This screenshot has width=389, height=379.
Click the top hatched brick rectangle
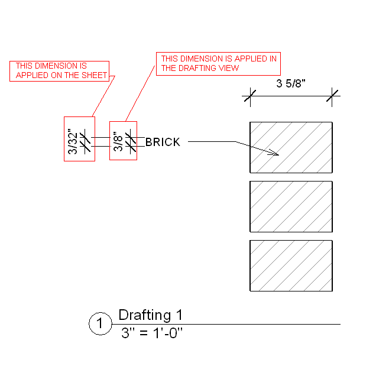pyautogui.click(x=291, y=147)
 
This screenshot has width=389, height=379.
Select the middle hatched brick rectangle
pyautogui.click(x=291, y=206)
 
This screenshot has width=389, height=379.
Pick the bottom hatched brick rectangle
pyautogui.click(x=291, y=265)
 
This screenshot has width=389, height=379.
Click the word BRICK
pyautogui.click(x=163, y=142)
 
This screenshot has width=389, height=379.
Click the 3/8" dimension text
pyautogui.click(x=118, y=141)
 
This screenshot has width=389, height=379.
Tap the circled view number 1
pyautogui.click(x=100, y=324)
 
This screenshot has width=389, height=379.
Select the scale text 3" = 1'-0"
pyautogui.click(x=151, y=332)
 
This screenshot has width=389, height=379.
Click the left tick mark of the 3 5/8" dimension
pyautogui.click(x=250, y=96)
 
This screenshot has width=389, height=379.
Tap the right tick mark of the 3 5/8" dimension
pyautogui.click(x=332, y=96)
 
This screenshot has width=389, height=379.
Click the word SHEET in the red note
pyautogui.click(x=96, y=75)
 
